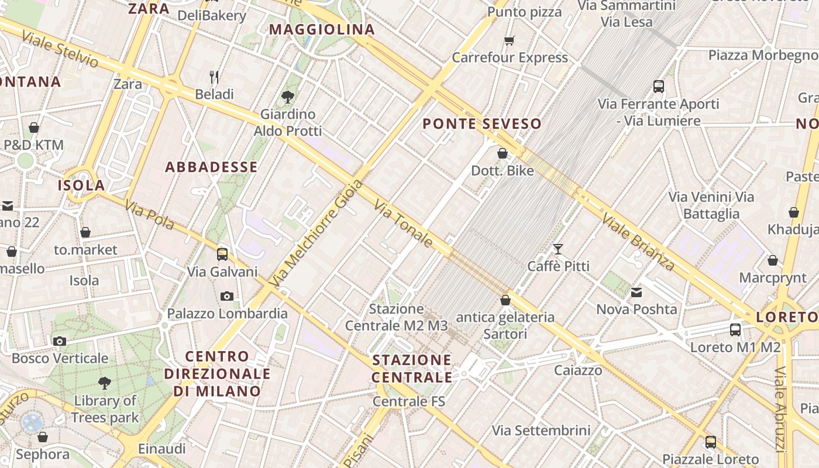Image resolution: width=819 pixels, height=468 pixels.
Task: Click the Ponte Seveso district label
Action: pyautogui.click(x=482, y=123)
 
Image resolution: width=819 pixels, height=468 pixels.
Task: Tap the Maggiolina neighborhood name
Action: pyautogui.click(x=322, y=29)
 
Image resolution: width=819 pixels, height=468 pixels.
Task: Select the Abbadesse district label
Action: pyautogui.click(x=211, y=167)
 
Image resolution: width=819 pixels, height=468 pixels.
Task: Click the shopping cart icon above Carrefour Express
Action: pyautogui.click(x=510, y=40)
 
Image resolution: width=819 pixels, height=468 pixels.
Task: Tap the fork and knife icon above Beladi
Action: pyautogui.click(x=214, y=77)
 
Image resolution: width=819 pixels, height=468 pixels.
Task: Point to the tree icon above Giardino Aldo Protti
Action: pyautogui.click(x=287, y=97)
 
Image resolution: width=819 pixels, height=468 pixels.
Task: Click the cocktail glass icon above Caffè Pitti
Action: pyautogui.click(x=558, y=249)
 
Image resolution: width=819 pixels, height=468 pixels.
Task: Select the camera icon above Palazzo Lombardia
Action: pyautogui.click(x=227, y=296)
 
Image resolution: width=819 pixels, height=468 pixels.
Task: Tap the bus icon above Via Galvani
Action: pyautogui.click(x=222, y=254)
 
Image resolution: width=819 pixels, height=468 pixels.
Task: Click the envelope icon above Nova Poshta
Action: pyautogui.click(x=636, y=292)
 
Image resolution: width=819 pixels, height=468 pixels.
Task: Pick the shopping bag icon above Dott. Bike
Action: pyautogui.click(x=503, y=153)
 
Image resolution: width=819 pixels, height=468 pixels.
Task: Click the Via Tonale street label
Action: pyautogui.click(x=404, y=224)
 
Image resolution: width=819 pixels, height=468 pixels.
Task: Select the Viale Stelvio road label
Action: pyautogui.click(x=60, y=49)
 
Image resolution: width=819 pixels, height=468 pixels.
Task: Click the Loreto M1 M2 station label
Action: pyautogui.click(x=735, y=347)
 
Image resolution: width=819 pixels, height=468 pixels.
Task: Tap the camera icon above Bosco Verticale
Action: pyautogui.click(x=59, y=341)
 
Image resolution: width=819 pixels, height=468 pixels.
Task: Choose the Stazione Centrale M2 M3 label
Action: pyautogui.click(x=396, y=317)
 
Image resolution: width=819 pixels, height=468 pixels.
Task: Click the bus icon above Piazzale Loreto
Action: pyautogui.click(x=710, y=442)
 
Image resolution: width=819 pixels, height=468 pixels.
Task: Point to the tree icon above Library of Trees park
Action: pyautogui.click(x=105, y=383)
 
